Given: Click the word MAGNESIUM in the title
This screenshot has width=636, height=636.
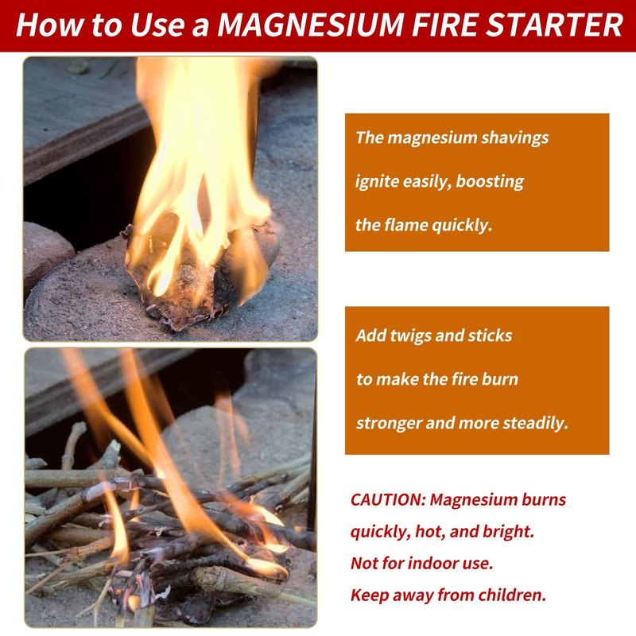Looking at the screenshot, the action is [311, 25].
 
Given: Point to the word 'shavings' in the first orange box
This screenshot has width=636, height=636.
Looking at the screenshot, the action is [514, 138].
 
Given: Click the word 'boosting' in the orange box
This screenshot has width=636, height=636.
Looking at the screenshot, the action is [490, 182].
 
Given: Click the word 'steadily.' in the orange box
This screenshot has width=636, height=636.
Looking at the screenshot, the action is [535, 423].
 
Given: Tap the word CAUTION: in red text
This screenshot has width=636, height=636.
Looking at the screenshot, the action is [388, 500].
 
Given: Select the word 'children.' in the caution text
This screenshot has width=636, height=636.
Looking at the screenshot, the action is [512, 595].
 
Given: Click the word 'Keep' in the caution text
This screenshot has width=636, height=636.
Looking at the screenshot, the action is [368, 595].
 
